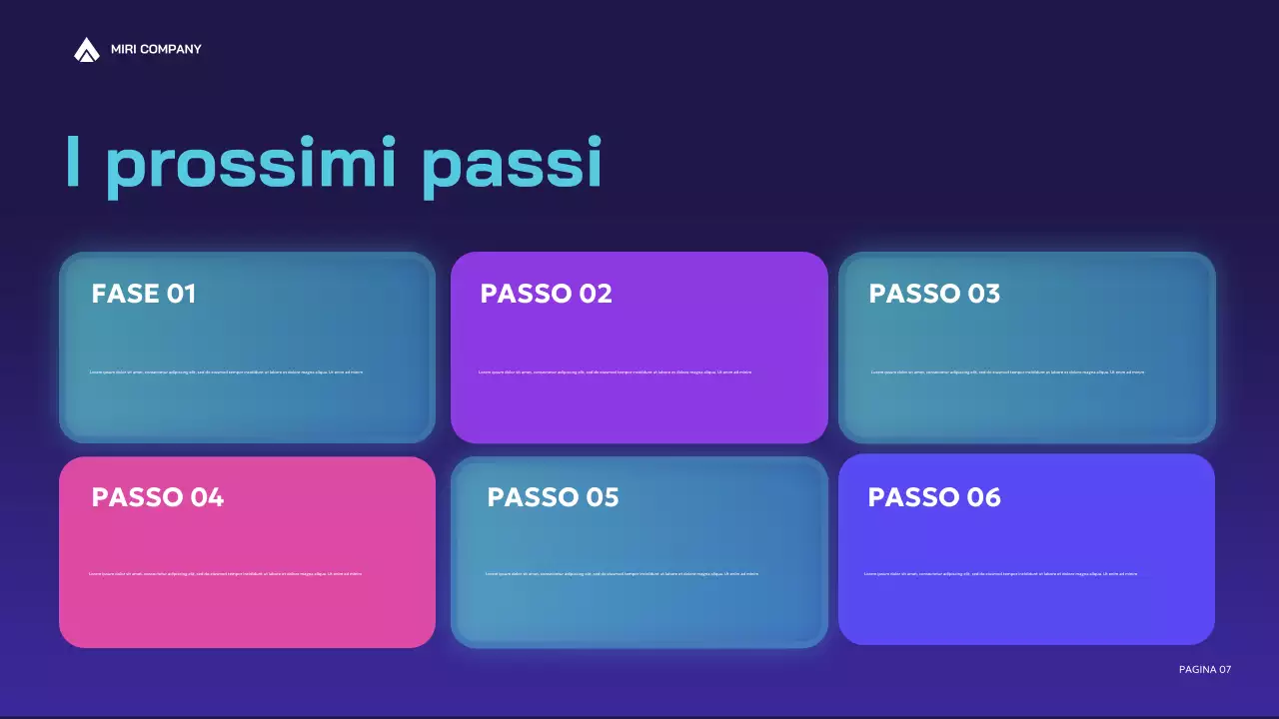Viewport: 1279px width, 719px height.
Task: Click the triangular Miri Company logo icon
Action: click(x=87, y=49)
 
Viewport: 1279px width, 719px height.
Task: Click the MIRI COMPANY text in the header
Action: click(x=156, y=49)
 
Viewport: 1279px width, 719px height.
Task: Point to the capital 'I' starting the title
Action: click(x=73, y=163)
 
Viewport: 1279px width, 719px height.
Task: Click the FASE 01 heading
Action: click(x=144, y=294)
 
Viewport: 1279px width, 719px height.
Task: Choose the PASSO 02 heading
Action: click(x=546, y=294)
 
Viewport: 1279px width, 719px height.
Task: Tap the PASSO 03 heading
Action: click(x=934, y=294)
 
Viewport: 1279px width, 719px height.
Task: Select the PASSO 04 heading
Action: click(x=158, y=497)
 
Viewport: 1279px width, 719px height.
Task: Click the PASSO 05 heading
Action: click(x=553, y=497)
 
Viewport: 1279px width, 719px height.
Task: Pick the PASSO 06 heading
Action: click(x=934, y=497)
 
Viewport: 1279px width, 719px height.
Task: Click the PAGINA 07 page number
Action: click(x=1205, y=669)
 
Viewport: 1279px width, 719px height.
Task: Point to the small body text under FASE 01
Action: click(x=226, y=372)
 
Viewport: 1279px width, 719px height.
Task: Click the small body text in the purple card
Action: click(x=615, y=372)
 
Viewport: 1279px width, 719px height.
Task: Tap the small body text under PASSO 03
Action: click(x=1007, y=372)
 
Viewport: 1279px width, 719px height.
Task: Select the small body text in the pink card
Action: click(x=225, y=574)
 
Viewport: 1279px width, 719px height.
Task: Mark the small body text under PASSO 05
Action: click(x=622, y=574)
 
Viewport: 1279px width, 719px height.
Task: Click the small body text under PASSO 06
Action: click(x=1000, y=574)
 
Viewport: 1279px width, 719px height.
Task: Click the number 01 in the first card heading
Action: click(x=181, y=294)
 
